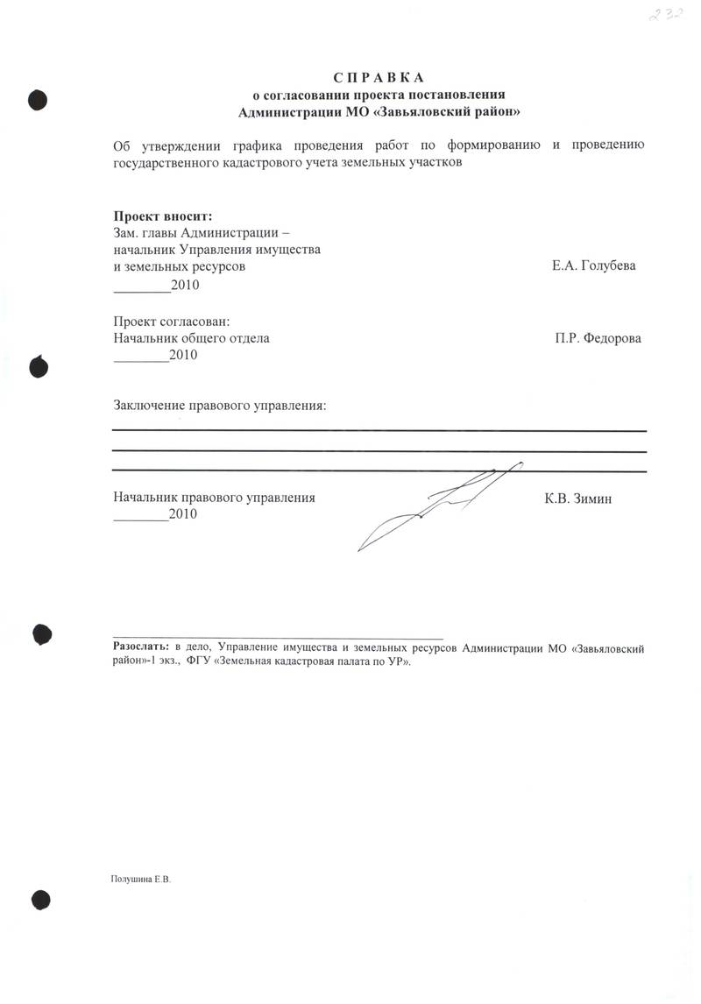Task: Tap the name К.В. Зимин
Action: (x=577, y=498)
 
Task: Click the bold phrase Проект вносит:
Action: (x=163, y=216)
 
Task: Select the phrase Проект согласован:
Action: (x=172, y=322)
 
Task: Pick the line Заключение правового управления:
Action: (x=219, y=405)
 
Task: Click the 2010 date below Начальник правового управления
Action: (x=184, y=515)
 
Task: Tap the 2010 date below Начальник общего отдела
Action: (x=184, y=355)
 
